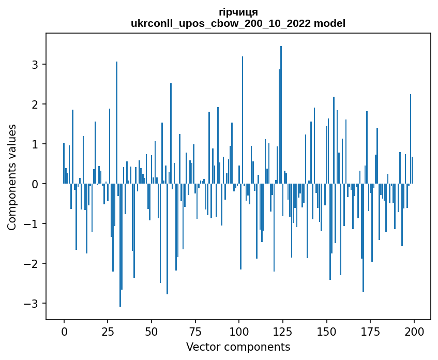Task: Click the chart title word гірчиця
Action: pos(238,12)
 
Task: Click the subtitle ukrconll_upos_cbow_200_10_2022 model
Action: pos(238,23)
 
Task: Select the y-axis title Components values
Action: pos(11,177)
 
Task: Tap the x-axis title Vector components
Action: pos(238,347)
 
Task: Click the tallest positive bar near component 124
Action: pos(281,114)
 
